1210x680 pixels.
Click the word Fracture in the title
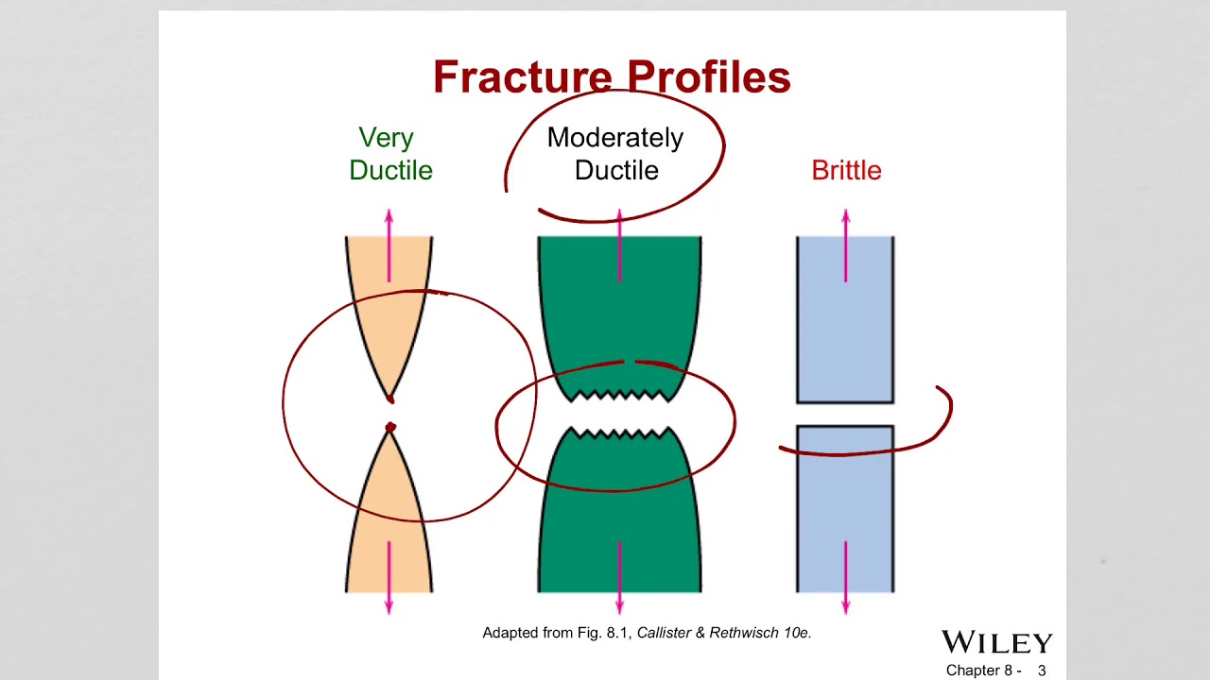point(523,76)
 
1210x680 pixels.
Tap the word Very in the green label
point(387,138)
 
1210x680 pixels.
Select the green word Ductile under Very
point(390,171)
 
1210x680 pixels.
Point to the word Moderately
point(615,138)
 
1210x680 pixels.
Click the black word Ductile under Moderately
point(616,171)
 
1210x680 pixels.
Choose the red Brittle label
point(846,171)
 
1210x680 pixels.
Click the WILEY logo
point(997,642)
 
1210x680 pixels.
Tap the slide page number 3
point(1042,671)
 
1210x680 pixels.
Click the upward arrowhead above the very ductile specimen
point(389,215)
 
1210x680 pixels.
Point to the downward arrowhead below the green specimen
point(619,607)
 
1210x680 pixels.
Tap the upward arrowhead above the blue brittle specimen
point(846,215)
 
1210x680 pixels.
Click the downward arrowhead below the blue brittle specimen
point(846,607)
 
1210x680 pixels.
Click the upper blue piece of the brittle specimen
point(845,319)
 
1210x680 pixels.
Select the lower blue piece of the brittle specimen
point(845,509)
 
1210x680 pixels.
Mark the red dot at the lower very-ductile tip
point(390,428)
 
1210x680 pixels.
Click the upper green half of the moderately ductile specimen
point(619,318)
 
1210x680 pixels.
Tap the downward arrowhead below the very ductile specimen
point(389,607)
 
